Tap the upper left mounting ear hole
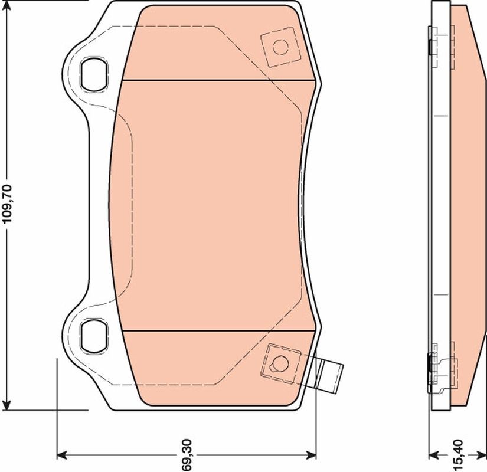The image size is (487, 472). pos(94,74)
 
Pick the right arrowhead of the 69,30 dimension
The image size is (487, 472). pos(312,455)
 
